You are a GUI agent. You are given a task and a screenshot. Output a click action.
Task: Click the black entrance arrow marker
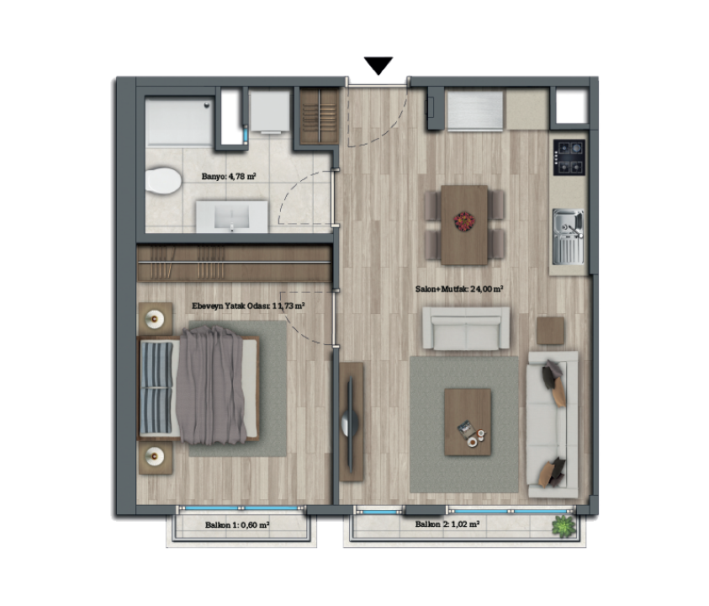378,65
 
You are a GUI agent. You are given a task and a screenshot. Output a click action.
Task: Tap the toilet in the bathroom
163,181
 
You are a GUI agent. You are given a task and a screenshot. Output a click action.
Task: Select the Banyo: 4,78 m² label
229,176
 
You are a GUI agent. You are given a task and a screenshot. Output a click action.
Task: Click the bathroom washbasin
231,217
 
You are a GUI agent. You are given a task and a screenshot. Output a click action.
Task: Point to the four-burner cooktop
569,157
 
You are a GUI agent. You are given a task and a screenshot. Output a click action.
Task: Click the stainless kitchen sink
569,237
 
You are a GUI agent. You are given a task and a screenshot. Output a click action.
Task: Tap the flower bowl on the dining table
464,221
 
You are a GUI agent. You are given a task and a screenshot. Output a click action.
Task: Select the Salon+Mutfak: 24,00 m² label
459,289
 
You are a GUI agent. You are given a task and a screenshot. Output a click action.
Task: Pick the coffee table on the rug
468,422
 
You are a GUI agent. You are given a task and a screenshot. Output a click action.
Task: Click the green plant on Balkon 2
563,526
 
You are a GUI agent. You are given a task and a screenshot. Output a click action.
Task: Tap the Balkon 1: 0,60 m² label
237,525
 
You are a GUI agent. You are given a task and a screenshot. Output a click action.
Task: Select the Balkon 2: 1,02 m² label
447,524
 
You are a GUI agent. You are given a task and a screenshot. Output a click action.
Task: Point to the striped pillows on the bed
156,387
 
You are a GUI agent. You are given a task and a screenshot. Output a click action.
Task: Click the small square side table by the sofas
550,331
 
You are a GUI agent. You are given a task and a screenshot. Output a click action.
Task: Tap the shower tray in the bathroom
179,120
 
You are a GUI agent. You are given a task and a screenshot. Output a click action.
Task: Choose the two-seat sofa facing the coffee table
466,328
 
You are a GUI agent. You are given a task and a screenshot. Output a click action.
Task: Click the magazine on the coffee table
465,428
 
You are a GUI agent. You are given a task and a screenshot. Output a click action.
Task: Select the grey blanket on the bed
212,385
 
